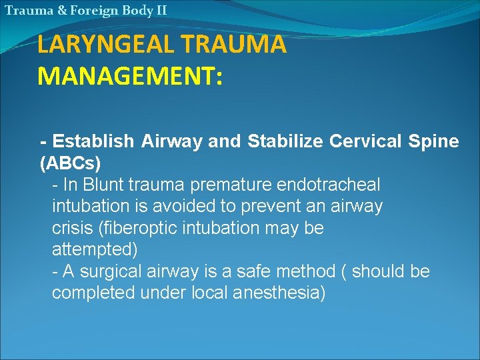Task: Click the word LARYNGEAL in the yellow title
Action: tap(99, 45)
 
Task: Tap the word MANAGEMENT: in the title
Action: tap(131, 75)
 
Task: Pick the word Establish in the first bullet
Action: tap(94, 141)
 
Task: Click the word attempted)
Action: tap(95, 249)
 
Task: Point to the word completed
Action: tap(95, 293)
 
